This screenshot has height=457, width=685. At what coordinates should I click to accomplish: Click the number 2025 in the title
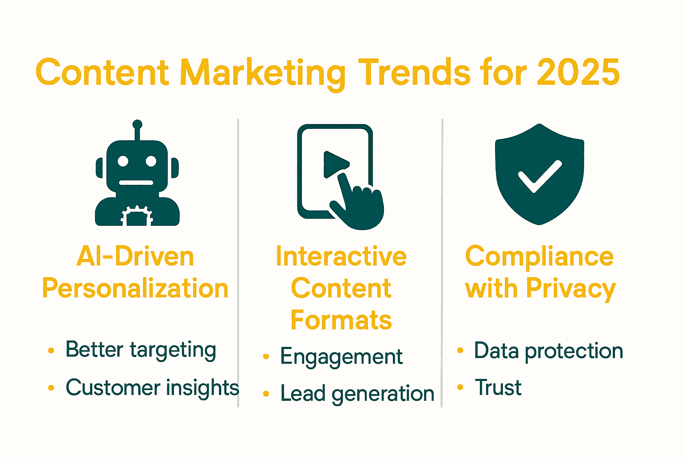click(x=578, y=72)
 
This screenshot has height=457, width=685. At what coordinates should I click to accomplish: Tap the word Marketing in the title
click(x=262, y=73)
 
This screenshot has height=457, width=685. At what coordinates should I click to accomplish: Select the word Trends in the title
click(x=414, y=72)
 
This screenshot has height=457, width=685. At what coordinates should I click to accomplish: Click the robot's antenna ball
click(x=137, y=125)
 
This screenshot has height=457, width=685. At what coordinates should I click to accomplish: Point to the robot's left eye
click(x=123, y=161)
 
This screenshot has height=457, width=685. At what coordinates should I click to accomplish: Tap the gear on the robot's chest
click(x=137, y=216)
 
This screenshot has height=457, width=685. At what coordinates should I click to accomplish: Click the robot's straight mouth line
click(x=137, y=183)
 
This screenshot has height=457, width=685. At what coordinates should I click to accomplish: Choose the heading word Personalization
click(x=135, y=289)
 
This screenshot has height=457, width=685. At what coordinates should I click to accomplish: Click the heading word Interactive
click(x=341, y=257)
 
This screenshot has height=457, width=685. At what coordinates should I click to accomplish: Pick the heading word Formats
click(x=341, y=320)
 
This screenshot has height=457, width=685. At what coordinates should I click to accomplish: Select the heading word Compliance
click(x=539, y=257)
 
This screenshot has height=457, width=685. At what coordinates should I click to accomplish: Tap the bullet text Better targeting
click(x=141, y=350)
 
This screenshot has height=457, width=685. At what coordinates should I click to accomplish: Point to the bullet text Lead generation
click(x=357, y=394)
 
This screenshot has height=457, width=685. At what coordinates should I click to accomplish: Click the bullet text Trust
click(x=498, y=387)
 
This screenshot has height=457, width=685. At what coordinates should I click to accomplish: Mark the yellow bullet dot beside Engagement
click(x=266, y=357)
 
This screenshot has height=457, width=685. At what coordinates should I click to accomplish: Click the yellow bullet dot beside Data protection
click(x=460, y=350)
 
